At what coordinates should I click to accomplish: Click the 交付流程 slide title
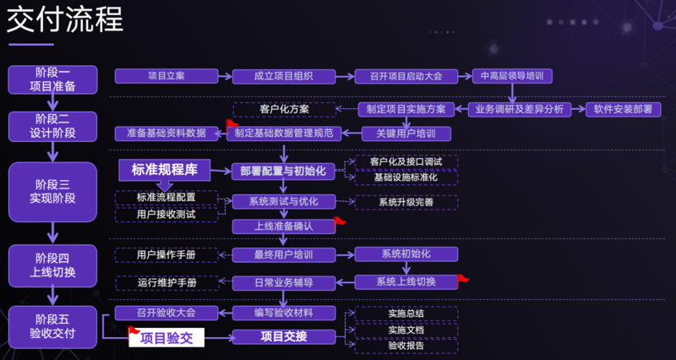[65, 20]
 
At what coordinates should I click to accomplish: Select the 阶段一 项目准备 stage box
[53, 79]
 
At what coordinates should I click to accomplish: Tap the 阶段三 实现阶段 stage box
[53, 192]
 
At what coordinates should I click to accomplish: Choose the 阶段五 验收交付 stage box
[53, 327]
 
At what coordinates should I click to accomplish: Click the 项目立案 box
[166, 76]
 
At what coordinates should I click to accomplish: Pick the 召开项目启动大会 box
[406, 76]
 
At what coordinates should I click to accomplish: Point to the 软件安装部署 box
[623, 110]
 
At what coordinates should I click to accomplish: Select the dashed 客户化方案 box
[284, 110]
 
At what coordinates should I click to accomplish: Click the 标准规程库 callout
[164, 171]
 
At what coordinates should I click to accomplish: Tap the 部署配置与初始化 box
[284, 172]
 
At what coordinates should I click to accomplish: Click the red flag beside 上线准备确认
[341, 222]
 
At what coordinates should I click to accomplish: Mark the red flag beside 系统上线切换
[462, 280]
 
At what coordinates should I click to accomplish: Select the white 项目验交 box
[166, 338]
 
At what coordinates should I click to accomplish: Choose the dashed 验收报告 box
[406, 346]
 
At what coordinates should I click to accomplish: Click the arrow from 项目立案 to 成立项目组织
[225, 77]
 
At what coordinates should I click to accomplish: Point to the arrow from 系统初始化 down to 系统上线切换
[406, 268]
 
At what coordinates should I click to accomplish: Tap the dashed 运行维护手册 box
[166, 283]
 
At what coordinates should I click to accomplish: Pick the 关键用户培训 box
[406, 134]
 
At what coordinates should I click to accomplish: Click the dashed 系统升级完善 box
[406, 202]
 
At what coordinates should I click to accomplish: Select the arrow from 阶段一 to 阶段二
[53, 102]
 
